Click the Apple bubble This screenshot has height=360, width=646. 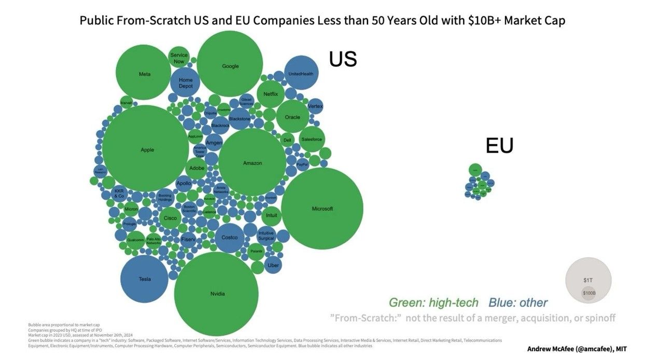point(145,149)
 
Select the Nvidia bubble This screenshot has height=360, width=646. point(217,294)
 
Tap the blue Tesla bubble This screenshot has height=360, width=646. point(144,279)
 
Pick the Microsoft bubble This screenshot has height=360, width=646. point(322,208)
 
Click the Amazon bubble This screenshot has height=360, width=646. point(252,162)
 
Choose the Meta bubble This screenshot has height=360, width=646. point(144,73)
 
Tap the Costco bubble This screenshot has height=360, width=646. point(229,238)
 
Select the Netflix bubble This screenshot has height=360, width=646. point(271,94)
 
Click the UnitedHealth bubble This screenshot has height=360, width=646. point(301,73)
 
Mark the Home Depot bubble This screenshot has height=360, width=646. point(186,82)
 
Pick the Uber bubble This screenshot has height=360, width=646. point(273,265)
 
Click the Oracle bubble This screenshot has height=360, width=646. point(292,117)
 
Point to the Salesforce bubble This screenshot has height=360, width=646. point(312,139)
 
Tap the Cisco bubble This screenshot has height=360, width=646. point(170,218)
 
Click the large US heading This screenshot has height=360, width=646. point(343,59)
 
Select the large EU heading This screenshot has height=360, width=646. point(499,146)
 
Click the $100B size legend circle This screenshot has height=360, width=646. point(588,293)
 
